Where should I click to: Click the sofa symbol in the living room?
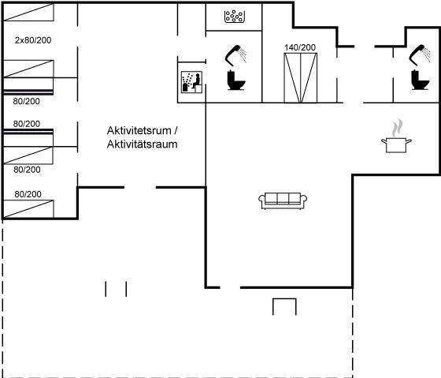pos(283,201)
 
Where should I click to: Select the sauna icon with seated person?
pos(191,82)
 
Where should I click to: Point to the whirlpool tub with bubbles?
pos(235,17)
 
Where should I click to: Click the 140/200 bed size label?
pos(300,47)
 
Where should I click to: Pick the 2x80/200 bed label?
pos(33,40)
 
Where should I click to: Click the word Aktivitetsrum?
pos(139,130)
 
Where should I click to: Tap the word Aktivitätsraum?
pos(142,144)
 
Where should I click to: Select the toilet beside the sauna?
pos(236,80)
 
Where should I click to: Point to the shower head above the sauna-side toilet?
pos(235,55)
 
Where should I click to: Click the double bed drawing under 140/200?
pos(300,78)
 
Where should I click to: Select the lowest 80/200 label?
pos(28,194)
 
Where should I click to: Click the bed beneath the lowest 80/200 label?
pos(28,209)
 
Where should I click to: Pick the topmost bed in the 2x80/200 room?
pos(28,12)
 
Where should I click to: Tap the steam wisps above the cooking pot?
pos(397,128)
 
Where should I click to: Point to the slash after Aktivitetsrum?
pos(176,130)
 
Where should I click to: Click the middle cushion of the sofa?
pos(283,198)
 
